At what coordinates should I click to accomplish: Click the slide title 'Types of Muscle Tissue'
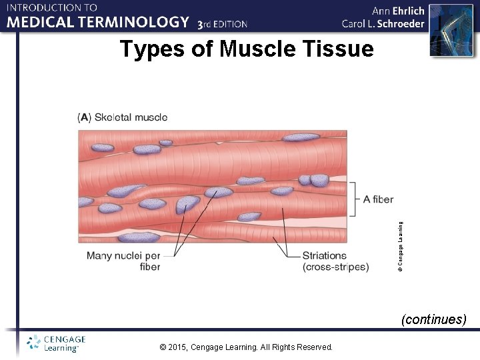coord(247,49)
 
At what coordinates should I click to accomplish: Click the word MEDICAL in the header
coord(41,22)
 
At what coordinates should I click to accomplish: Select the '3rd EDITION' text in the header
coord(223,24)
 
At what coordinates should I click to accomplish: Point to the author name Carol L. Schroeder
coord(383,24)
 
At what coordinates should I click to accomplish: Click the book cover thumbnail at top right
coord(446,30)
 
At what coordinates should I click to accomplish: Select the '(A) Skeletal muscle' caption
coord(123,117)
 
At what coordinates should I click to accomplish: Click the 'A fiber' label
coord(378,199)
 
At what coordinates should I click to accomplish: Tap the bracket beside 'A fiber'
coord(355,199)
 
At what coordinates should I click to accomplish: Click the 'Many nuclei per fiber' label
coord(123,261)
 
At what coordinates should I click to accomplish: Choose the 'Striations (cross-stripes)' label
coord(335,261)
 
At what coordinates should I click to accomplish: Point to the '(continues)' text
coord(433,319)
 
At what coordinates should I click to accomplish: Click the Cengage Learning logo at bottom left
coord(56,343)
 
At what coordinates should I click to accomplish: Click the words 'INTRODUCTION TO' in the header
coord(52,7)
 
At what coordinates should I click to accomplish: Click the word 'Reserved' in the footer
coord(313,347)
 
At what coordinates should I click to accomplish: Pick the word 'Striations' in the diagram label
coord(325,255)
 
